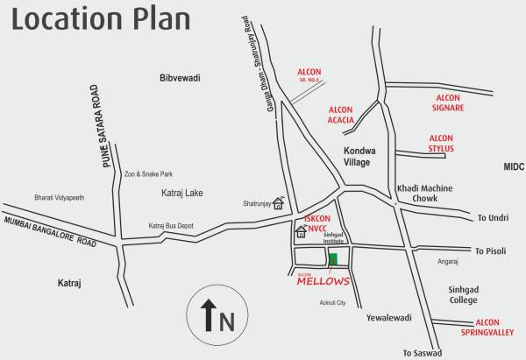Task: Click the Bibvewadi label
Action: pos(181,78)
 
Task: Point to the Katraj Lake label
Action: pos(182,192)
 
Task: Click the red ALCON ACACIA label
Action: pos(341,115)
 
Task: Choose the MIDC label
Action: pos(513,166)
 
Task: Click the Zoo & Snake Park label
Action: pos(148,174)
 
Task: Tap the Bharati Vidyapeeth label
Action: pos(60,196)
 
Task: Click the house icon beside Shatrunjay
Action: pos(279,204)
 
